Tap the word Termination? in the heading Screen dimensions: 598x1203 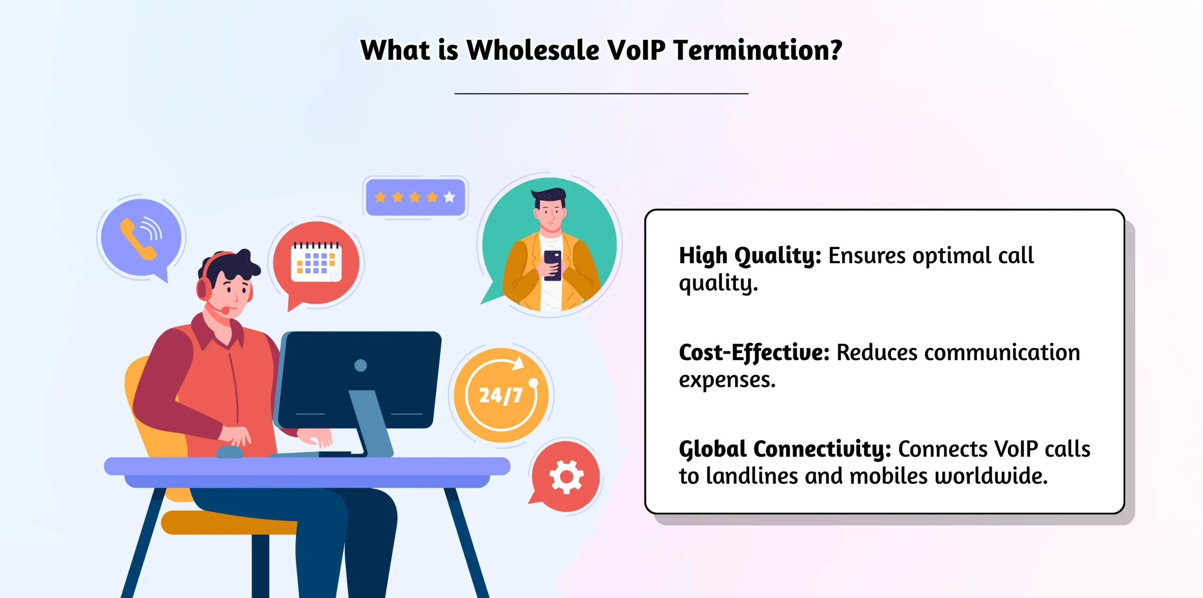tap(758, 50)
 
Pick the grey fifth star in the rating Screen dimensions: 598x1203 tap(449, 197)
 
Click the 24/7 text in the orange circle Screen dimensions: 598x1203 tap(500, 395)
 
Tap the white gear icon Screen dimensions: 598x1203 tap(566, 477)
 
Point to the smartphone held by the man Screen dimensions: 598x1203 tap(552, 265)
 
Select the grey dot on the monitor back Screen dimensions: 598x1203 tap(360, 365)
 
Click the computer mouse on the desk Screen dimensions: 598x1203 tap(229, 452)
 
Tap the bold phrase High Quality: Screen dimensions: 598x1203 tap(750, 256)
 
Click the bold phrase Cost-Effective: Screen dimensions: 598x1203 tap(754, 353)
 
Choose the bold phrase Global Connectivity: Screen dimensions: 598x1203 tap(785, 449)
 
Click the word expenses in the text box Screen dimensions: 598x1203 tap(726, 380)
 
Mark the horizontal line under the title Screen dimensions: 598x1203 tap(601, 94)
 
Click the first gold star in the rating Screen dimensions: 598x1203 tap(380, 197)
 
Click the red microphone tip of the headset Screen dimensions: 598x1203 tap(226, 311)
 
